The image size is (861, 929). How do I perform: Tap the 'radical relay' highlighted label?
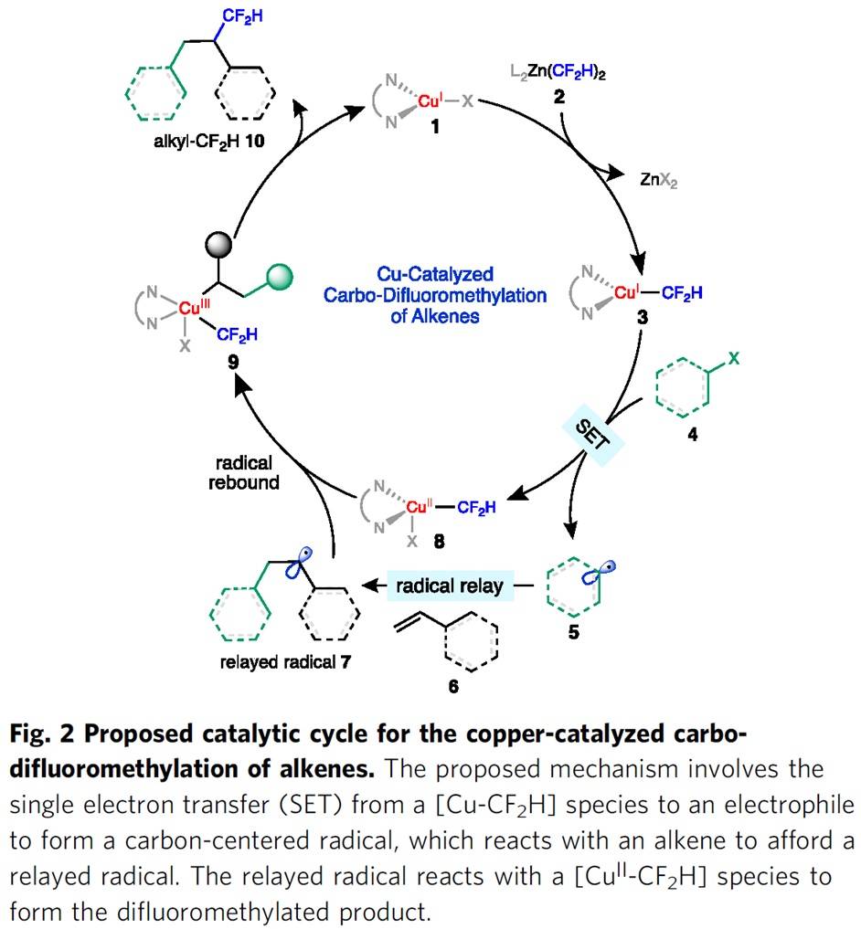[x=448, y=586]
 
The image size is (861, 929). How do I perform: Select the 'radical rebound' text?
[x=241, y=471]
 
